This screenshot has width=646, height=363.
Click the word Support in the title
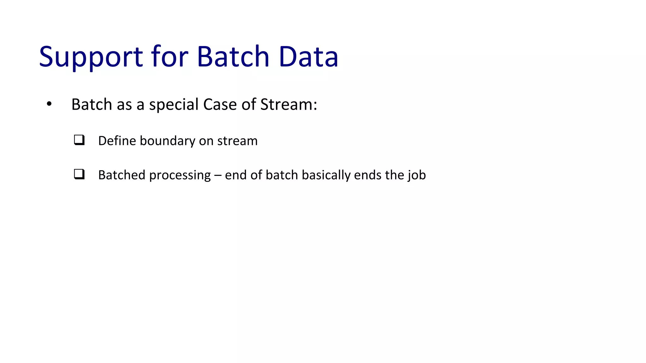tap(91, 57)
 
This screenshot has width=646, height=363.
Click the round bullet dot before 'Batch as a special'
tap(49, 104)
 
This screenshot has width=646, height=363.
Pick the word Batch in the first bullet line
tap(91, 104)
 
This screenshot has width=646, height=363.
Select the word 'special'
tap(174, 104)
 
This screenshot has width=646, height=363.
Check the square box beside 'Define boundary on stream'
tap(79, 140)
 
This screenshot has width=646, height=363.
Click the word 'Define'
tap(117, 141)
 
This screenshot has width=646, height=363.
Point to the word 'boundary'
tap(167, 141)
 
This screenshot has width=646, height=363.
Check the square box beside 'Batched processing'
tap(79, 174)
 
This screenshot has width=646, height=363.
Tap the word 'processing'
tap(180, 175)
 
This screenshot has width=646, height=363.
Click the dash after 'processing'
tap(218, 175)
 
